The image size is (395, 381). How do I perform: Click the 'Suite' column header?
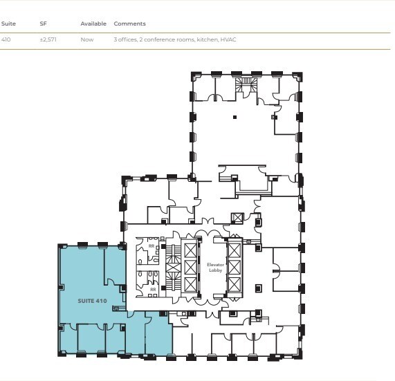click(8, 24)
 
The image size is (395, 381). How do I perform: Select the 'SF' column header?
click(43, 24)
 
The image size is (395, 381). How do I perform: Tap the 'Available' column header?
click(93, 24)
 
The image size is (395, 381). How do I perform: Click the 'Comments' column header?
click(129, 24)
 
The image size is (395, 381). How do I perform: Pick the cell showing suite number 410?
click(6, 40)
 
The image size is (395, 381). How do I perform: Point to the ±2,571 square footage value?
click(48, 40)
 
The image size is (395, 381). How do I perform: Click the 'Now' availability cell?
click(86, 40)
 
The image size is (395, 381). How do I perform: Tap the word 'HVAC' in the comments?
click(228, 40)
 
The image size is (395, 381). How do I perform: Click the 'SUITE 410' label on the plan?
click(91, 301)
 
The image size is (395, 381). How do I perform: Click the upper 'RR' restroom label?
click(151, 245)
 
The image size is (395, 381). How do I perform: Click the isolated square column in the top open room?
click(235, 117)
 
